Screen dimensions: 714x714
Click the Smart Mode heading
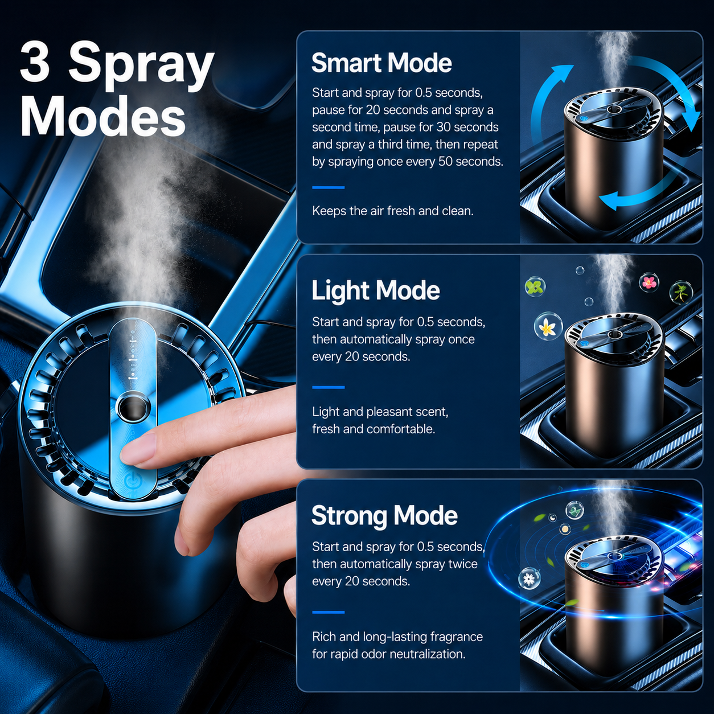pos(381,63)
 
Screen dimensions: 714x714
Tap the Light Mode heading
pos(376,290)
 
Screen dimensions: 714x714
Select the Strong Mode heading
pos(384,516)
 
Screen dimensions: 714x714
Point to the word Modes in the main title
pos(103,116)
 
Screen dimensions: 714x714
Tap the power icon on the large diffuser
pos(131,481)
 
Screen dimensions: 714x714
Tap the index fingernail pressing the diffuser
pos(138,448)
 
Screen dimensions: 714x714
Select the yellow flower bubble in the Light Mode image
pos(548,327)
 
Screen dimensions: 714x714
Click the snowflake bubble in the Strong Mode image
pos(529,578)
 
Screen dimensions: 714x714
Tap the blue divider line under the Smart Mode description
pos(329,187)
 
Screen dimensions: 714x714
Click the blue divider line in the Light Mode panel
pos(329,388)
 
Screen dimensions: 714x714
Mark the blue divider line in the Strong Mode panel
pos(329,613)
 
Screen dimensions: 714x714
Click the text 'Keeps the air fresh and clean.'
pos(393,211)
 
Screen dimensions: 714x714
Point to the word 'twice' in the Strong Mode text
pos(463,564)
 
